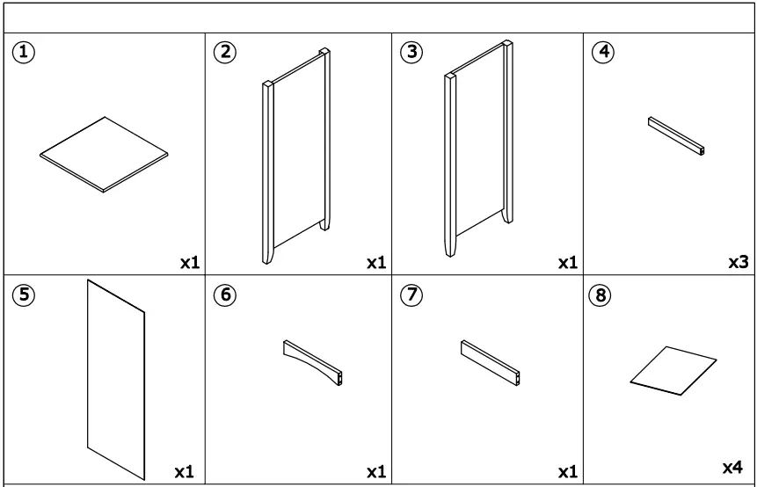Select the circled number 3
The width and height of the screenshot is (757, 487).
[x=411, y=52]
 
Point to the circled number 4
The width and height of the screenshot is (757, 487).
[x=602, y=52]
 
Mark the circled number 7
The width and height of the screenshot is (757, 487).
[x=411, y=296]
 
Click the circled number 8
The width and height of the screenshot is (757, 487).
[x=602, y=296]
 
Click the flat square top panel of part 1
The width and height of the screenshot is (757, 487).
[x=104, y=154]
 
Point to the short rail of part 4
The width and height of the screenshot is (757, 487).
[x=676, y=135]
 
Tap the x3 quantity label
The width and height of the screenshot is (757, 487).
[x=738, y=262]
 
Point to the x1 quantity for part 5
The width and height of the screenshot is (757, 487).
[x=184, y=472]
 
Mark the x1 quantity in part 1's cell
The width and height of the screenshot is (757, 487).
[x=188, y=262]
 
